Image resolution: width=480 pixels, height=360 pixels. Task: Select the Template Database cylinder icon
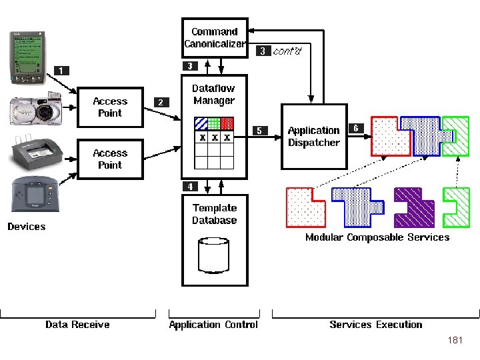(214, 255)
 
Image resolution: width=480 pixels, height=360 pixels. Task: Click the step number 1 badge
(61, 71)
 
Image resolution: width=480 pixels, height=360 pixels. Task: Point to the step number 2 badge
(161, 102)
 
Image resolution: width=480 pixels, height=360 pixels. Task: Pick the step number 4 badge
(190, 187)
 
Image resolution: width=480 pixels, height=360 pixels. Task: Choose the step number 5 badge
(260, 131)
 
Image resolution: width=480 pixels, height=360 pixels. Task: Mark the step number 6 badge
(356, 128)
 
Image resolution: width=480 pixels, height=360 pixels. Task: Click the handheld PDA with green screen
(28, 57)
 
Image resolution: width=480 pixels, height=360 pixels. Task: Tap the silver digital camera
(36, 109)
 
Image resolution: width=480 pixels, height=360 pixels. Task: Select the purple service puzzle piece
(414, 207)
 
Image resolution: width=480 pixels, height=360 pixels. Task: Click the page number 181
(455, 340)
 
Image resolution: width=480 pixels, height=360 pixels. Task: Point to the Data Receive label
(77, 325)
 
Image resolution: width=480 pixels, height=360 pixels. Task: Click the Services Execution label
(376, 325)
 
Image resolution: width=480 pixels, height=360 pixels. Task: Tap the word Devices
(27, 227)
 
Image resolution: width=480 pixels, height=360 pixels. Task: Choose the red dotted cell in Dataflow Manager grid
(227, 123)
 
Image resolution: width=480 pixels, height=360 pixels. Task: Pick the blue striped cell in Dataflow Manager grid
(201, 123)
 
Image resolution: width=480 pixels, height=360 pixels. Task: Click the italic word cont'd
(287, 51)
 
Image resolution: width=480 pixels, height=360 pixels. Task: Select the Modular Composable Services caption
(377, 237)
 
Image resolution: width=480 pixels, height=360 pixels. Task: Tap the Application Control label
(213, 325)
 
